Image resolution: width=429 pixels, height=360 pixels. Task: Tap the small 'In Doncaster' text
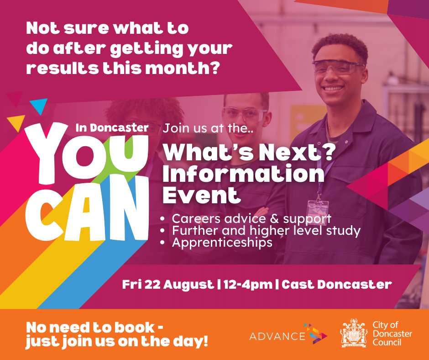click(x=112, y=128)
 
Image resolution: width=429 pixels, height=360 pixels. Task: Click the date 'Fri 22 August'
click(x=168, y=285)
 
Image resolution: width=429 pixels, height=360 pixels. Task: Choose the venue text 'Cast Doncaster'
click(x=337, y=285)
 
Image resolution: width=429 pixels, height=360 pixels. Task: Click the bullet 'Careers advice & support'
click(x=251, y=218)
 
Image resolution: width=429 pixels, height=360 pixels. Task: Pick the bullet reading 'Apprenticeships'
click(x=222, y=243)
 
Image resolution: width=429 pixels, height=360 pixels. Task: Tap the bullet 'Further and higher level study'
click(x=266, y=230)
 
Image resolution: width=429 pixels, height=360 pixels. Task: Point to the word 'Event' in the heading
click(x=202, y=195)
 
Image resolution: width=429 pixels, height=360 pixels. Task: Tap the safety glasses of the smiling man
click(x=338, y=68)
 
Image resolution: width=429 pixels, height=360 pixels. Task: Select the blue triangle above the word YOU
click(x=39, y=106)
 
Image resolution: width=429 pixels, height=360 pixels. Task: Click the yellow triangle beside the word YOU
click(x=17, y=122)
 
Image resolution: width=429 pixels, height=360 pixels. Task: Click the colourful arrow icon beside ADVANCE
click(x=317, y=334)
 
